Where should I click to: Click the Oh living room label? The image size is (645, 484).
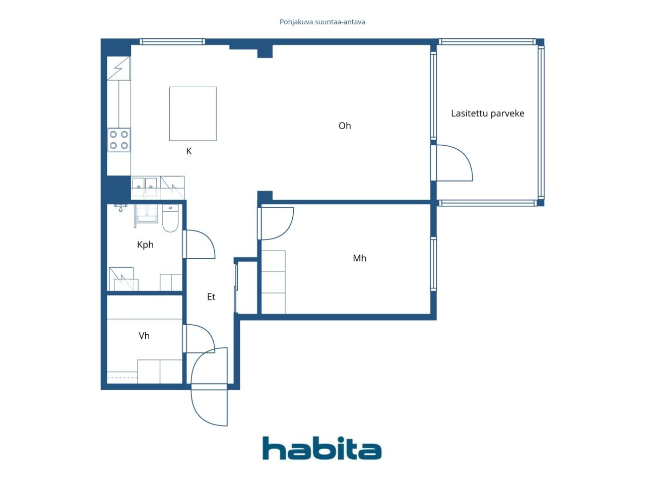tap(345, 126)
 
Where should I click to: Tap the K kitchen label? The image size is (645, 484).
tap(189, 151)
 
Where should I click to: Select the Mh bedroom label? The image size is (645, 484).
tap(359, 258)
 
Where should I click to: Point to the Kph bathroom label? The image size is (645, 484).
tap(145, 245)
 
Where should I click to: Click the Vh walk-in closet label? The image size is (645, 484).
tap(144, 336)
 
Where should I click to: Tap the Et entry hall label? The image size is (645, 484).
tap(211, 297)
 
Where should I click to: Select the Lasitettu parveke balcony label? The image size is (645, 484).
tap(487, 113)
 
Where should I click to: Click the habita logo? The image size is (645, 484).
tap(321, 448)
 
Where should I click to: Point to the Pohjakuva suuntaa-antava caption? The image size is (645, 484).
tap(322, 22)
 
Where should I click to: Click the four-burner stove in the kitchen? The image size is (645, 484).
tap(119, 140)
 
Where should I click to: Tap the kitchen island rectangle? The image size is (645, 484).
tap(193, 113)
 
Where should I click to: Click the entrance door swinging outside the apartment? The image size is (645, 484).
tap(208, 406)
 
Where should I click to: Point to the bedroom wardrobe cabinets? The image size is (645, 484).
tap(273, 282)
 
